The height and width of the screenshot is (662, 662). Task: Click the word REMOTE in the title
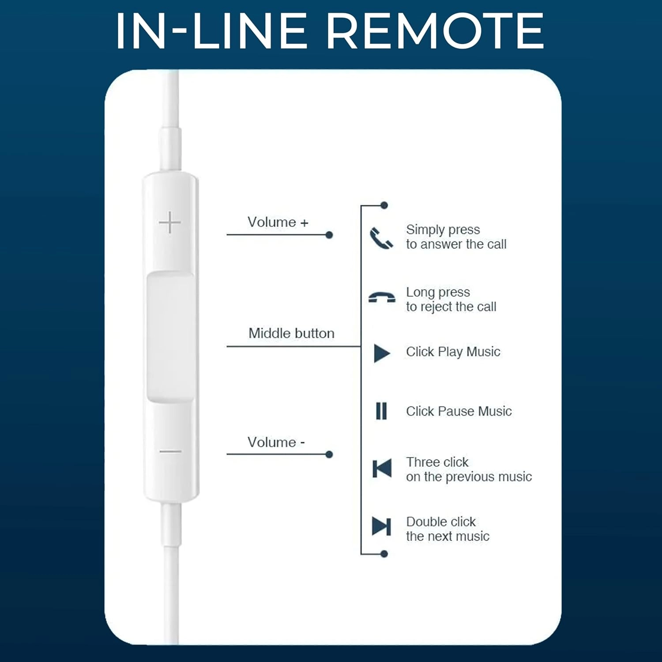click(435, 31)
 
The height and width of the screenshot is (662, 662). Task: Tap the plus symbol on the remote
click(170, 222)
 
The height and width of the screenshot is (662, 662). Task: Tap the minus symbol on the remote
click(170, 451)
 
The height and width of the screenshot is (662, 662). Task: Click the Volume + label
click(278, 222)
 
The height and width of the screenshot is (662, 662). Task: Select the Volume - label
click(276, 442)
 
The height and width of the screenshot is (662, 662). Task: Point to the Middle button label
click(291, 333)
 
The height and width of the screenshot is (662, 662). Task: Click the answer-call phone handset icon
click(381, 238)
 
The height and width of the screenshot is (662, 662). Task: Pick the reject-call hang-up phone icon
click(382, 297)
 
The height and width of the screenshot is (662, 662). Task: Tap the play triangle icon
click(382, 353)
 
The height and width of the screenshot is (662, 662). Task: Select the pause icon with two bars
click(381, 411)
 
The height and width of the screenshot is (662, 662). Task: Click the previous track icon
click(382, 468)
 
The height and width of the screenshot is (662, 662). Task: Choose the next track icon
click(381, 526)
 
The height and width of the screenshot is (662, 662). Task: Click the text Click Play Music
click(453, 352)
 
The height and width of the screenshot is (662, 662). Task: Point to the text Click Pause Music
click(459, 411)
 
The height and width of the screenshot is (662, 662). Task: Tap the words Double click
click(440, 522)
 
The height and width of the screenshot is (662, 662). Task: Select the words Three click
click(437, 462)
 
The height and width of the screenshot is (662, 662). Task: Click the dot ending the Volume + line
click(329, 235)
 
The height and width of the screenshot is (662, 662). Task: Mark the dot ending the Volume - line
click(329, 455)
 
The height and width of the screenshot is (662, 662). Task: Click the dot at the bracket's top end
click(384, 205)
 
